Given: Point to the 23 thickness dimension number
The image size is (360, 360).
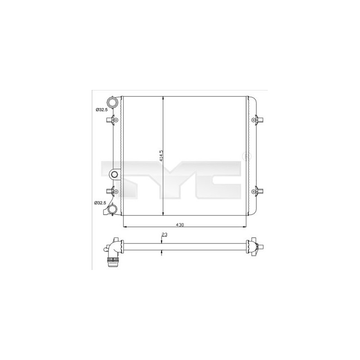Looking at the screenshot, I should [164, 234].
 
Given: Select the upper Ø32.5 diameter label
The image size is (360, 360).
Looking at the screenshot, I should [100, 109].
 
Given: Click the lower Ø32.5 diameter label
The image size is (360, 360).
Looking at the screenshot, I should [100, 203].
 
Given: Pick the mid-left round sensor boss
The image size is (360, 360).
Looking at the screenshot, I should [114, 174].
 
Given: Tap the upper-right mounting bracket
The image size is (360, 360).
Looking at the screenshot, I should [258, 120].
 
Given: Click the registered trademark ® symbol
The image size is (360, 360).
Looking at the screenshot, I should [245, 157].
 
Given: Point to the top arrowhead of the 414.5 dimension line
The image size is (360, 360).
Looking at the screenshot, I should [162, 99].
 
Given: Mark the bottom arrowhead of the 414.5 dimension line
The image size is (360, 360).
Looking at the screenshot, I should [162, 214].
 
